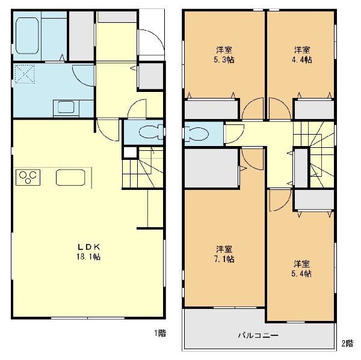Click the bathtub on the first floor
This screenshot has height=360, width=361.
(27, 35)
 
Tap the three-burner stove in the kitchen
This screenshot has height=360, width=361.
(28, 177)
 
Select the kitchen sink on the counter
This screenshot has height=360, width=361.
(70, 177)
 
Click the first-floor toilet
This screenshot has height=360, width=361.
(151, 132)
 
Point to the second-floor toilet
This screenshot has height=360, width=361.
(196, 133)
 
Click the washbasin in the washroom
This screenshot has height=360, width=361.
(66, 108)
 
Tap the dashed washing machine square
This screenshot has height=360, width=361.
(25, 74)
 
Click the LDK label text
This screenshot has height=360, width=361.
(88, 247)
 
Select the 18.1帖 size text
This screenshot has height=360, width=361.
(88, 257)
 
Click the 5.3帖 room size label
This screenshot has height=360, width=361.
(224, 60)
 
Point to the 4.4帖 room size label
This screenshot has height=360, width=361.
(302, 60)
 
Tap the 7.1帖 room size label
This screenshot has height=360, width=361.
(224, 259)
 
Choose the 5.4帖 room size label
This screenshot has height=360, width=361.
(301, 273)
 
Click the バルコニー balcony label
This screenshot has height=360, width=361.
(258, 335)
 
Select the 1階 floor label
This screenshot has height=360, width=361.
(160, 333)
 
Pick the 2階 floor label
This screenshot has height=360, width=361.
(347, 343)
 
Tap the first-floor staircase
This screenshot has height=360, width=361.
(143, 168)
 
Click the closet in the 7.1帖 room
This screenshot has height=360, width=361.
(211, 168)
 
